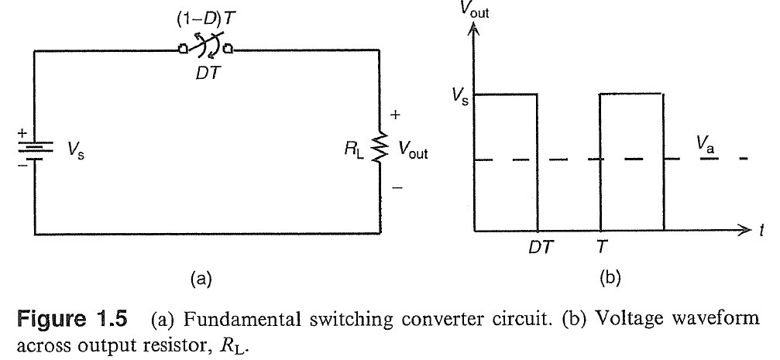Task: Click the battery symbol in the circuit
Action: [x=36, y=146]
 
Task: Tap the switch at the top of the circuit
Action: [x=205, y=50]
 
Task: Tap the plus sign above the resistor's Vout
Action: [x=395, y=115]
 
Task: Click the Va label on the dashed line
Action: [x=703, y=145]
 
